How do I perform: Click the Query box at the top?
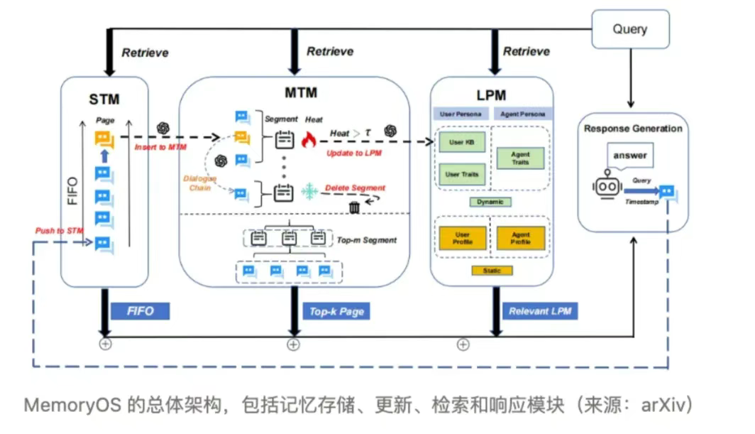[630, 29]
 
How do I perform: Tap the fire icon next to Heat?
[308, 140]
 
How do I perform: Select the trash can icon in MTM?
[353, 207]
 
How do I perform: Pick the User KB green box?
[461, 143]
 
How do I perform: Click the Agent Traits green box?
[521, 158]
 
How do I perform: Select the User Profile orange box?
[462, 238]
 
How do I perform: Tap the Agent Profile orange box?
[521, 238]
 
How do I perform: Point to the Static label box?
[492, 271]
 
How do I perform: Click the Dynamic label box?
[491, 202]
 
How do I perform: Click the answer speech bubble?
[631, 156]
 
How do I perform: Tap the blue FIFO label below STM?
[140, 311]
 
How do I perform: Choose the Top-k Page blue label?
[336, 311]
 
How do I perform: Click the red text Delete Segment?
[355, 188]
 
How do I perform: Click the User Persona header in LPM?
[462, 114]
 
